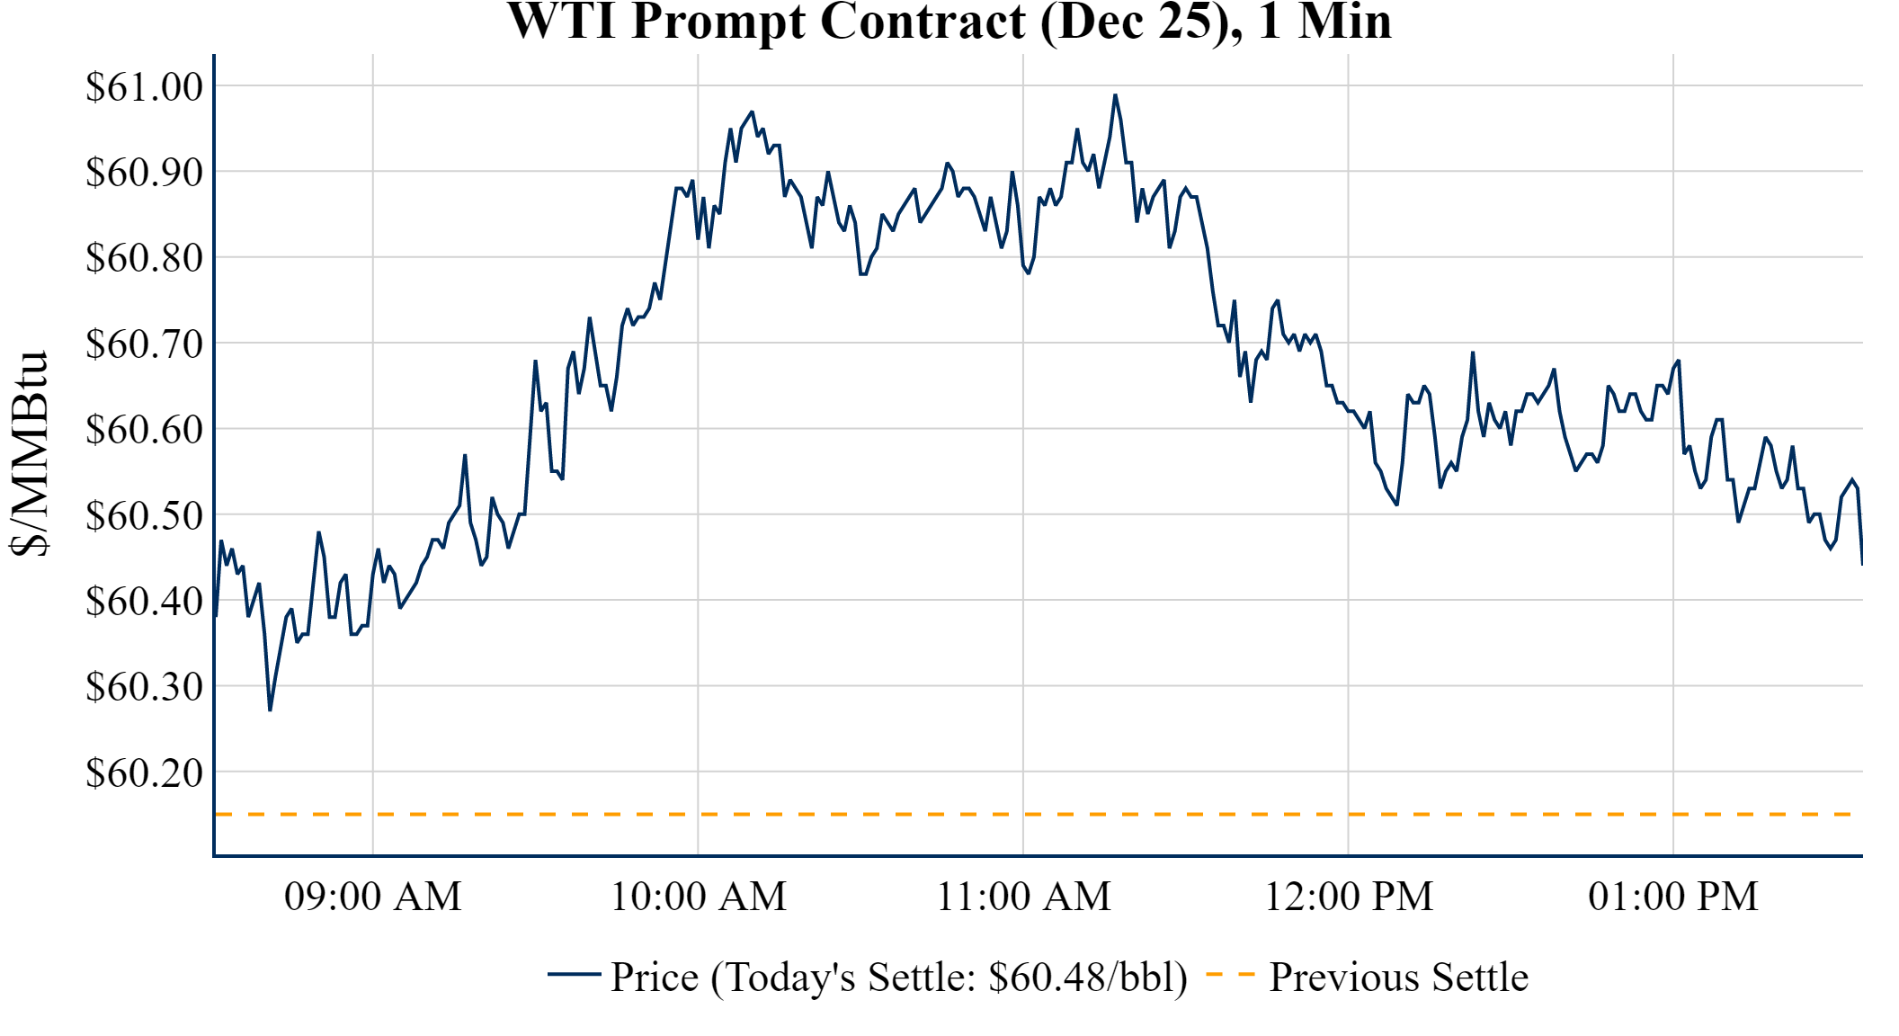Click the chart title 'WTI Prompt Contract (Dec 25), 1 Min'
949,22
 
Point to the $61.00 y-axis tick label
144,87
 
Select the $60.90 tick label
144,172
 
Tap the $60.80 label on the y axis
144,258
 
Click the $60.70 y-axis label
144,344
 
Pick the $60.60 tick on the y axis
144,430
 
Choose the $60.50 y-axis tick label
144,516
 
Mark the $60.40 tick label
144,601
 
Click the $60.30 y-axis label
144,687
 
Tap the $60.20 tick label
144,773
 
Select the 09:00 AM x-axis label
373,897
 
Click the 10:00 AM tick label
699,897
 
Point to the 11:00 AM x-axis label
1024,897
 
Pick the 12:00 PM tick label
1349,897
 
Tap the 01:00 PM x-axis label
1673,897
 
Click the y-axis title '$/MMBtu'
29,454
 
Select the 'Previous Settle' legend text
1398,978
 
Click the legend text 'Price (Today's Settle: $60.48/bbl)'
899,978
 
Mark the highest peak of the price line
1115,94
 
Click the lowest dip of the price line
270,710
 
